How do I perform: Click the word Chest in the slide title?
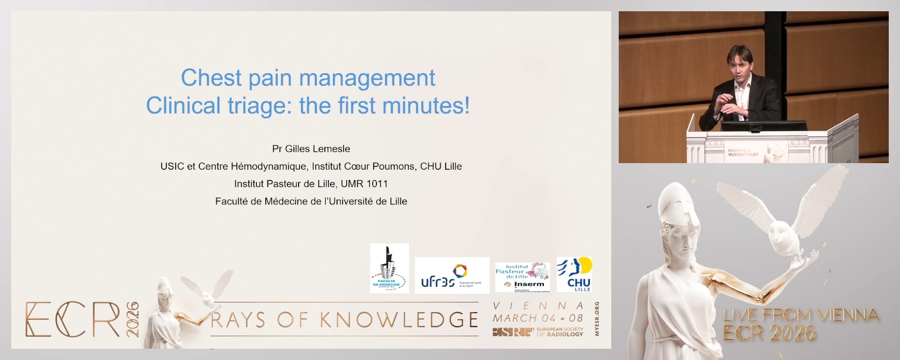pos(211,78)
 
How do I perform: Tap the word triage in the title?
pos(256,105)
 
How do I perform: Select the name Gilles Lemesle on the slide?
pos(318,149)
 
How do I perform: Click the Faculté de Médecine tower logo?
pos(389,269)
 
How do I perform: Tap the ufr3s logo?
pos(452,276)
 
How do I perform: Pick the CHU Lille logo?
pos(575,275)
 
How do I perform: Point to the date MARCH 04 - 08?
pos(538,318)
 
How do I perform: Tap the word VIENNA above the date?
pos(538,306)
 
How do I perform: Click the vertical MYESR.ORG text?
pos(596,319)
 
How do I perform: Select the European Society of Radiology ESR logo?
pos(538,332)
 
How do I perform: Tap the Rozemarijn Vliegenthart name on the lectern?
pos(743,152)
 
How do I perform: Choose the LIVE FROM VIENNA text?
pos(801,315)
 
